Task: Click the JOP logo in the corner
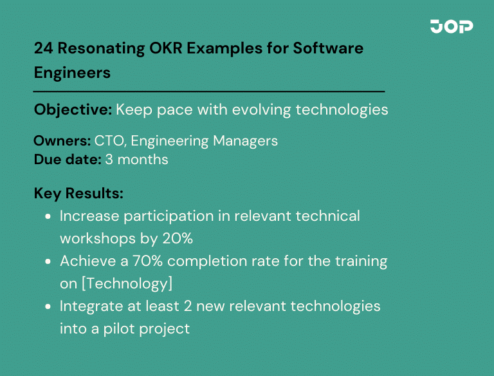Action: tap(452, 26)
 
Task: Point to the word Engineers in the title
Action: tap(72, 73)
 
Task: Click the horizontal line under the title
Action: tap(209, 91)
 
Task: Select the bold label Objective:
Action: tap(73, 109)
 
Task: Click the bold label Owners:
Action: tap(62, 141)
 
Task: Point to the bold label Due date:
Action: tap(67, 159)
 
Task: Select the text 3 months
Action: tap(136, 159)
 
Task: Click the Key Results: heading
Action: tap(78, 194)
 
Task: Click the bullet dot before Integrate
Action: tap(48, 306)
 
